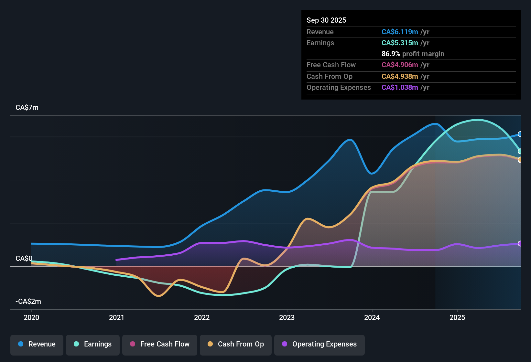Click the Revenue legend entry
coord(37,344)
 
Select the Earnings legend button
coord(93,344)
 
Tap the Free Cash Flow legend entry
coord(160,344)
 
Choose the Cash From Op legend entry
coord(236,344)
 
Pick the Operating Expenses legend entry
coord(320,344)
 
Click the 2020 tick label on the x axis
coord(31,317)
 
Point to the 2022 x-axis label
coord(202,317)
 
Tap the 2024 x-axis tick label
coord(372,317)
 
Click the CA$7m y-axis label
coord(27,108)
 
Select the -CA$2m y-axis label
coord(28,302)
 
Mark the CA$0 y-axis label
coord(24,259)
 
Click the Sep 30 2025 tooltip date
coord(326,20)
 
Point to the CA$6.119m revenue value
coord(400,32)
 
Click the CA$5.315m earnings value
coord(400,43)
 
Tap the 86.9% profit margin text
coord(413,54)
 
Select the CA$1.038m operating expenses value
coord(400,88)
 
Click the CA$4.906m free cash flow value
coord(400,65)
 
